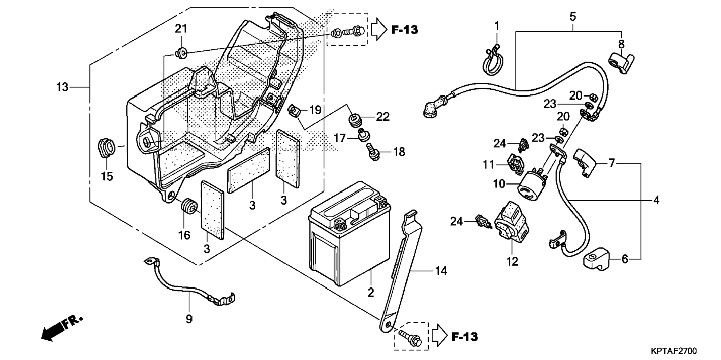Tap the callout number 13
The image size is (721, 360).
coord(62,87)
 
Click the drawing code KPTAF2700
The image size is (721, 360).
coord(673,351)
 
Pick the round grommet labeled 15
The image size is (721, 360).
coord(106,148)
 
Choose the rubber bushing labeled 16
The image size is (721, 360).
coord(188,207)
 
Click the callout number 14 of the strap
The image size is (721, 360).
coord(441,271)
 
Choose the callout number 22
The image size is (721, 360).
coord(383,117)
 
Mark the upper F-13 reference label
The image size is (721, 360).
coord(404,30)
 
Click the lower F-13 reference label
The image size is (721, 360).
coord(464,337)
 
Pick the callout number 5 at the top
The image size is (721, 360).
coord(573,17)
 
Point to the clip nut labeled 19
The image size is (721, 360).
coord(295,111)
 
